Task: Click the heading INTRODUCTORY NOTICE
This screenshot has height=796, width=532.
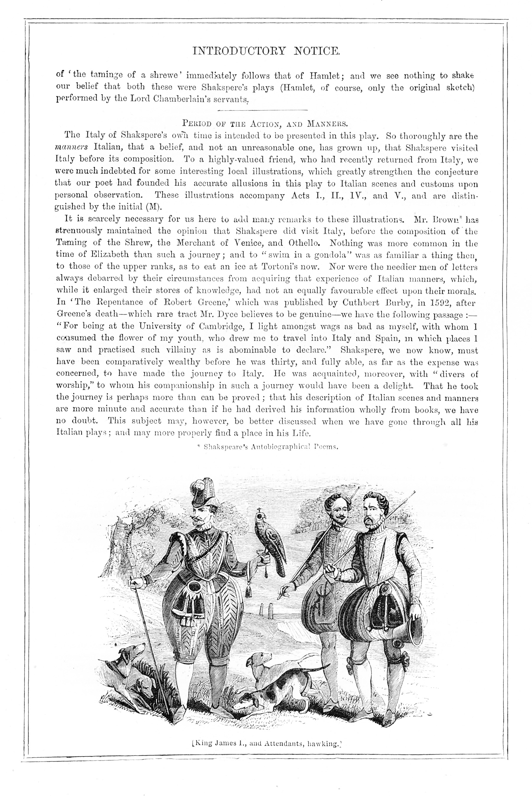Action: (266, 51)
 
